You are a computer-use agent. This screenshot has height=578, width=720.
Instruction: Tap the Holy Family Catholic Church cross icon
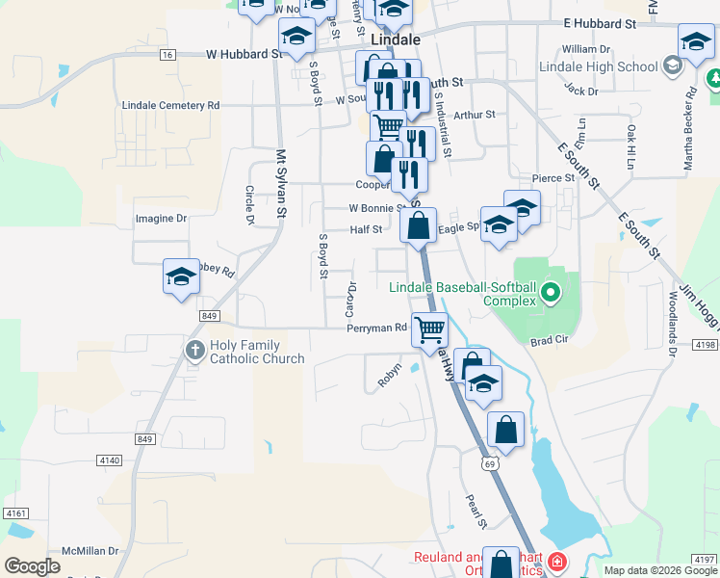[194, 349]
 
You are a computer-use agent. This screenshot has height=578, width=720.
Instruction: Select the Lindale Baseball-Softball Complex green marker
[551, 292]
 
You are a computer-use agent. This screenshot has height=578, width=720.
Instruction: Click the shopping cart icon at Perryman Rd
[429, 328]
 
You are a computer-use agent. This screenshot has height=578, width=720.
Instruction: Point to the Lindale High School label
[598, 67]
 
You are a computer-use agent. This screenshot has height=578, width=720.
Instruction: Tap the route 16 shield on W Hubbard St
[168, 55]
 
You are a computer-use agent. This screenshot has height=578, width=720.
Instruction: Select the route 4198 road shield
[705, 344]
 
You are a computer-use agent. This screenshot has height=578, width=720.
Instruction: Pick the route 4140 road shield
[110, 460]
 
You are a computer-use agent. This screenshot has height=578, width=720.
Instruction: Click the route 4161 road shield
[16, 513]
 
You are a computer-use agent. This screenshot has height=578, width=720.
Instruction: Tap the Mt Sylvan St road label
[282, 182]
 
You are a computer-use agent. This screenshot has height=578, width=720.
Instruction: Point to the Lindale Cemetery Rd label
[170, 105]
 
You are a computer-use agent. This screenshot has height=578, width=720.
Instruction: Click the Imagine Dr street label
[161, 219]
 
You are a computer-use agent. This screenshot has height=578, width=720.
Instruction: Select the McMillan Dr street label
[87, 551]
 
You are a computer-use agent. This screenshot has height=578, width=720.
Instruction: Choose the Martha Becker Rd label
[689, 129]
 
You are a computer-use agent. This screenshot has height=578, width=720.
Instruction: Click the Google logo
[32, 566]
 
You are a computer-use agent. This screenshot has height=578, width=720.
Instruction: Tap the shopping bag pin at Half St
[418, 227]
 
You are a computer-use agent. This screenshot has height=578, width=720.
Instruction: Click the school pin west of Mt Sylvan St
[180, 277]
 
